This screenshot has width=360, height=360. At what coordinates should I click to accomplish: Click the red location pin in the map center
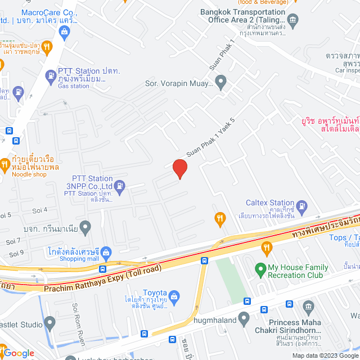pyautogui.click(x=179, y=168)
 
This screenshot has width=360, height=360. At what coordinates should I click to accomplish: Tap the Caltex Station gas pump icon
pyautogui.click(x=301, y=205)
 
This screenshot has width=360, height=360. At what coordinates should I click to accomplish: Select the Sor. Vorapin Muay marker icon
pyautogui.click(x=220, y=83)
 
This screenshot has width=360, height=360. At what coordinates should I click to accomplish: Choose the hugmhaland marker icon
pyautogui.click(x=244, y=319)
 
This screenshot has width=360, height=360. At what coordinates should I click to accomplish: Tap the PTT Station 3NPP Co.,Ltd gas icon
pyautogui.click(x=120, y=185)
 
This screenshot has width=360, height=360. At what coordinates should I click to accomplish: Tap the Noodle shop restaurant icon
pyautogui.click(x=4, y=165)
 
